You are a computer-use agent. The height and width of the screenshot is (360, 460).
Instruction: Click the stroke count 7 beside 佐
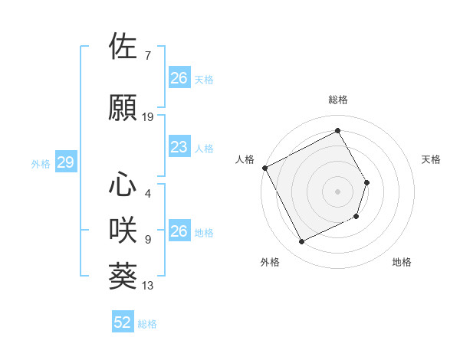pos(147,56)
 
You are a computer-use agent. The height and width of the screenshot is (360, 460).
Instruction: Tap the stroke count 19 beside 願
pos(148,117)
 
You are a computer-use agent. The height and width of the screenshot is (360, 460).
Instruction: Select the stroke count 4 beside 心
pos(147,194)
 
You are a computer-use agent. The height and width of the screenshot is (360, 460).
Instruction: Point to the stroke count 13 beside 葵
pos(148,286)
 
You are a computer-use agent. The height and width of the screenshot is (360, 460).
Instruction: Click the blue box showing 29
pos(65,162)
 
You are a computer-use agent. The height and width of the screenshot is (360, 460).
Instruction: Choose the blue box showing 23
pos(179,147)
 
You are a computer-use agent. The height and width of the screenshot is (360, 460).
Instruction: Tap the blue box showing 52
pos(123,322)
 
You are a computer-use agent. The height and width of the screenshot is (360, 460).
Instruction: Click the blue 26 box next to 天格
pos(179,78)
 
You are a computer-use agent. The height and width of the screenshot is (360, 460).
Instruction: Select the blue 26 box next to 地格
pos(179,231)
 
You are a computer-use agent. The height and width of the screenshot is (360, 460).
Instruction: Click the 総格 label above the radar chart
pos(338,100)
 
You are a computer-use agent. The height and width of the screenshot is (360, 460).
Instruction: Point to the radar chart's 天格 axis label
pos(432,159)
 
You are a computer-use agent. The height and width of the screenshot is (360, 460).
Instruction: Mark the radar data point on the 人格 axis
pos(265,168)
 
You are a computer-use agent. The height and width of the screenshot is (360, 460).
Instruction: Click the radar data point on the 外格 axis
pos(301,242)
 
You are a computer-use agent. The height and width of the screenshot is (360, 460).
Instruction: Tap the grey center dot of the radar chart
pos(337,191)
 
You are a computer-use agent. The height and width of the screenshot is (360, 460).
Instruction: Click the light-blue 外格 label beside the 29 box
pos(41,163)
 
